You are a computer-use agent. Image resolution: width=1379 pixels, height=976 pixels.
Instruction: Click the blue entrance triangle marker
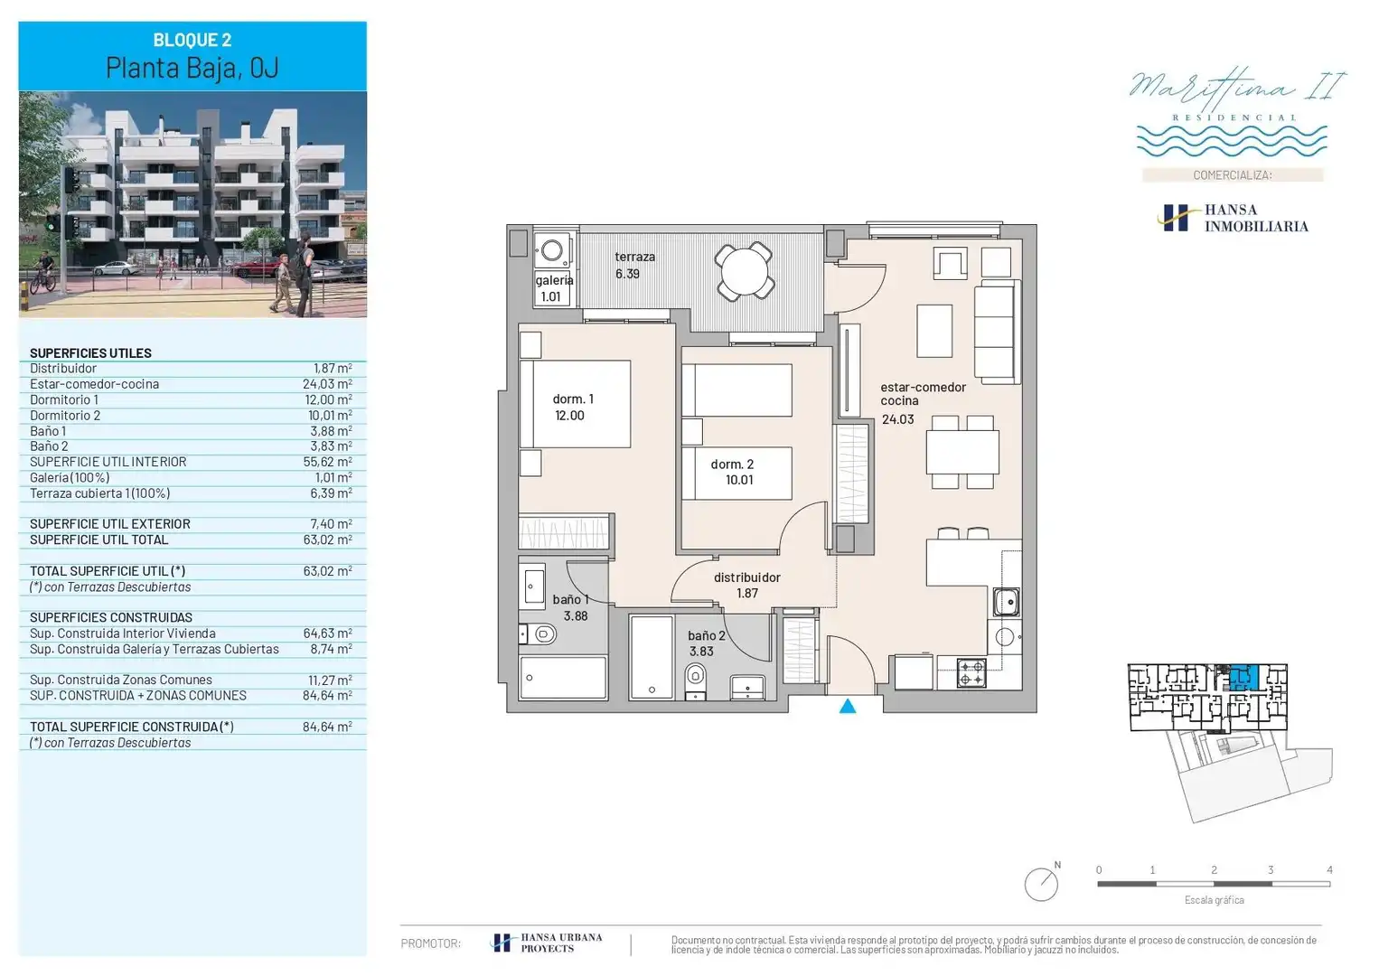click(x=848, y=706)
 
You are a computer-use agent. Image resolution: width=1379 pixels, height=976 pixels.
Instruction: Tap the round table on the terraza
click(x=745, y=271)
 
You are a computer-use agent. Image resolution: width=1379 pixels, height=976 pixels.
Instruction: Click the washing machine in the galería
click(x=552, y=250)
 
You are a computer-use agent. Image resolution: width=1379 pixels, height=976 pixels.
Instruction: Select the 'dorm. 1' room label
click(x=573, y=399)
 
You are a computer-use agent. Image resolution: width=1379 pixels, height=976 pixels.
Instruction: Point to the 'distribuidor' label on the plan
click(x=746, y=577)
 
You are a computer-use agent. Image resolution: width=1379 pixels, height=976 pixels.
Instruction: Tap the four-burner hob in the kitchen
click(x=971, y=672)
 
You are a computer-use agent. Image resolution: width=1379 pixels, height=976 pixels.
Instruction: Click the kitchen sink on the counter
click(x=1006, y=601)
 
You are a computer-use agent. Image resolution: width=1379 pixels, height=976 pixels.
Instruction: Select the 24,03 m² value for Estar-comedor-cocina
click(x=327, y=384)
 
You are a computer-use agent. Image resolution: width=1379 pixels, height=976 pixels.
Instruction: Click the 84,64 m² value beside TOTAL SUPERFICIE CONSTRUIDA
click(x=327, y=727)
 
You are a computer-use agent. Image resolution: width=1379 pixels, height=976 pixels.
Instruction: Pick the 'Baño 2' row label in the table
click(x=49, y=446)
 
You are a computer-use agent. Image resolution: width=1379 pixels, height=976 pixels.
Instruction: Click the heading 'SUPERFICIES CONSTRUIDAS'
click(x=111, y=617)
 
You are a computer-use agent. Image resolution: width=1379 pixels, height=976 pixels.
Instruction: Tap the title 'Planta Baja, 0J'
click(x=192, y=67)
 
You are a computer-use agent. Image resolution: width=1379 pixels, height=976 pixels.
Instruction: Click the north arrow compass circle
click(x=1041, y=884)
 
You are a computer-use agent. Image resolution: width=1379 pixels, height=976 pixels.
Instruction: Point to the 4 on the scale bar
click(x=1330, y=870)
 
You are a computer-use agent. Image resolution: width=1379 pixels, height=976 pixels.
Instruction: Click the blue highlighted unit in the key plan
click(x=1243, y=678)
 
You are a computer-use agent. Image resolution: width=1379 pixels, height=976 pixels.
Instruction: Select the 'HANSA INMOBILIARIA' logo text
click(x=1256, y=218)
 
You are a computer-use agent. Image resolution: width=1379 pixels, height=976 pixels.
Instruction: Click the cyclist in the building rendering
click(x=43, y=273)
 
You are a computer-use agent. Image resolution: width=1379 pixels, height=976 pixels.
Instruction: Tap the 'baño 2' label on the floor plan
click(x=707, y=635)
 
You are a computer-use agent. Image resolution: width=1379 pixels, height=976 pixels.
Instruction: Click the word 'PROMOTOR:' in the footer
click(x=430, y=943)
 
